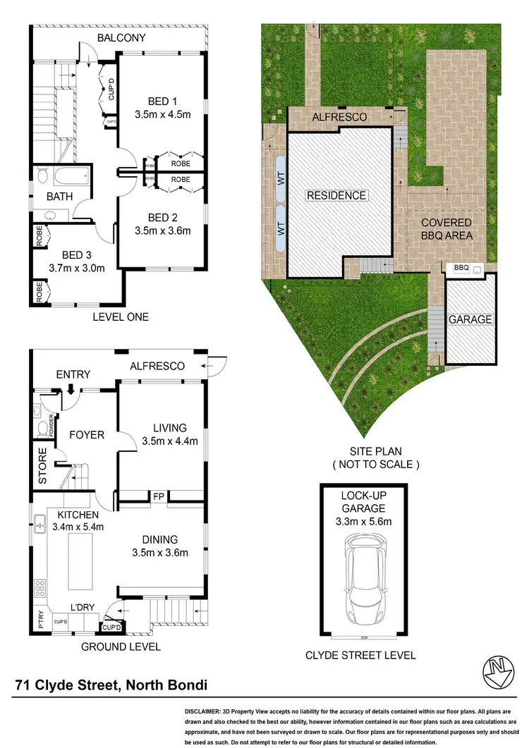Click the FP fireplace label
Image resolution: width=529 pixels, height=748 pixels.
pyautogui.click(x=159, y=498)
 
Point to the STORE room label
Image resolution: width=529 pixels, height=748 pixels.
pyautogui.click(x=42, y=466)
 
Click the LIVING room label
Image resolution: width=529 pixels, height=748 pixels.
pyautogui.click(x=170, y=428)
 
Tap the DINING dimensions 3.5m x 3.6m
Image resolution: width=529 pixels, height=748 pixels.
pyautogui.click(x=159, y=553)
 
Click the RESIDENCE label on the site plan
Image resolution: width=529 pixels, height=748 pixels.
pyautogui.click(x=336, y=195)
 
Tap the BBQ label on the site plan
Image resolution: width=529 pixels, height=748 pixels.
pyautogui.click(x=461, y=268)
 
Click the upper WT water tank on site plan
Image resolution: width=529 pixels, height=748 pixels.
pyautogui.click(x=281, y=180)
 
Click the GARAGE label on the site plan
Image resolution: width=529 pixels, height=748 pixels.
pyautogui.click(x=470, y=319)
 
